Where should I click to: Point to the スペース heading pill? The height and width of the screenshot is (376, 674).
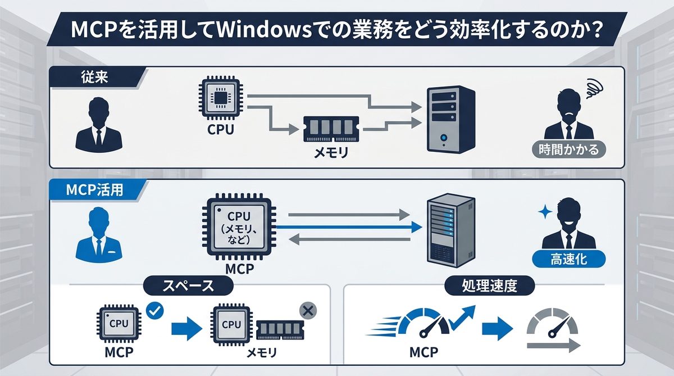coord(188,286)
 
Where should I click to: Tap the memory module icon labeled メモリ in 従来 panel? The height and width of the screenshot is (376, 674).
coord(330,129)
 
